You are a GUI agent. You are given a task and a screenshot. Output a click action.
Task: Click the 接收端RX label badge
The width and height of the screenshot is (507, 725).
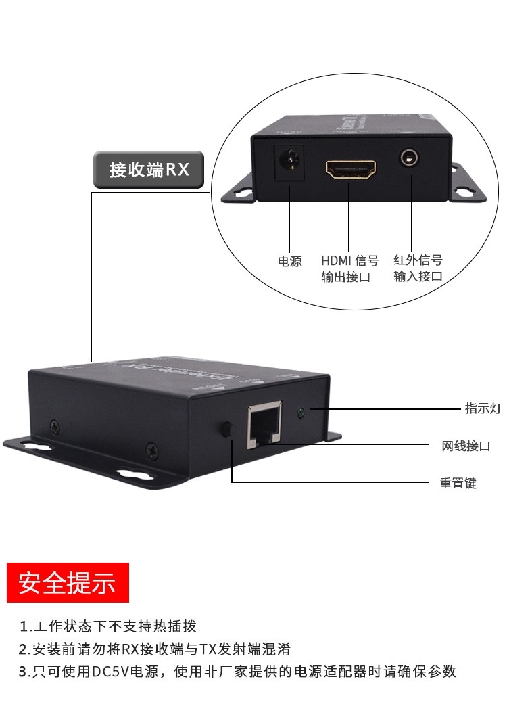148,169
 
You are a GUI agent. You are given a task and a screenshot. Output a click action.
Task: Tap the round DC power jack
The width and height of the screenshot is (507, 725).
289,162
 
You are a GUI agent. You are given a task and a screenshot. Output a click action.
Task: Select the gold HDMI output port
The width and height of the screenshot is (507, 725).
351,169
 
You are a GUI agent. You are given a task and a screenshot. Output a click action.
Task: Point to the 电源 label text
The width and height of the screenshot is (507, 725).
290,261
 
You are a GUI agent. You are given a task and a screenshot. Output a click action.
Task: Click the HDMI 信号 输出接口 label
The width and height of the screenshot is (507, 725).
349,268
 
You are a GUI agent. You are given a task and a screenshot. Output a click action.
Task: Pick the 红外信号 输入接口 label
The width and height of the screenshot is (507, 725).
418,268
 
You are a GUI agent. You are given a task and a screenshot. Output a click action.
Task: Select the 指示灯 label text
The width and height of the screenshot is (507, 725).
482,408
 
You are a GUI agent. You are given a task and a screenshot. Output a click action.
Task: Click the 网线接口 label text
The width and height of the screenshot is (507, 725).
466,446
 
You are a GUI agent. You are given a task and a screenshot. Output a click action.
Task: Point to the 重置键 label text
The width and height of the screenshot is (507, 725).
458,483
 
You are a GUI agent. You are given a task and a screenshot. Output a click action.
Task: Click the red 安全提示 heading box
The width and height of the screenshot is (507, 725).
68,582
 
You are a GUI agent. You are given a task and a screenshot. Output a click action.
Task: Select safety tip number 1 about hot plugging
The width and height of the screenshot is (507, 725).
108,626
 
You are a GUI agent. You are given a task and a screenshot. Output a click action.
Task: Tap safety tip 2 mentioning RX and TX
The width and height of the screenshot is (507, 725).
155,649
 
